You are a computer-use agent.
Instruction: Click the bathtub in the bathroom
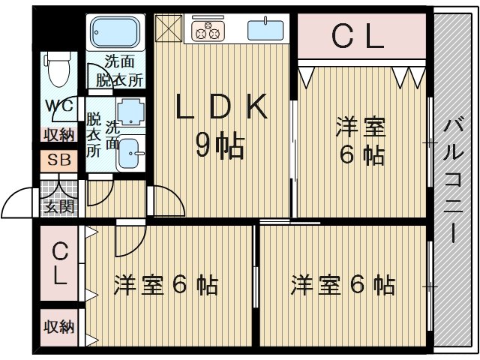pyautogui.click(x=115, y=32)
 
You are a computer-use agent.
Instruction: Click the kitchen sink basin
pyautogui.click(x=265, y=30)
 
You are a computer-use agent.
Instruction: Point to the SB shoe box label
pyautogui.click(x=59, y=160)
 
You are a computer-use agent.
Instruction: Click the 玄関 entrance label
pyautogui.click(x=59, y=207)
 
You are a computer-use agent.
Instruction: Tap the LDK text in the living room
pyautogui.click(x=222, y=106)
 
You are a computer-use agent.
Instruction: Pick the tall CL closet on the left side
pyautogui.click(x=59, y=263)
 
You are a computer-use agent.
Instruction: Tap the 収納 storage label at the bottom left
pyautogui.click(x=59, y=327)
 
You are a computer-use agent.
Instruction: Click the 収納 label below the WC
pyautogui.click(x=59, y=135)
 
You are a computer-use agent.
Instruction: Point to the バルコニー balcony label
pyautogui.click(x=453, y=180)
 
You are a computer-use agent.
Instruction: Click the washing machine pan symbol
pyautogui.click(x=131, y=112)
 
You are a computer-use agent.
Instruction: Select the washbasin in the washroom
pyautogui.click(x=131, y=154)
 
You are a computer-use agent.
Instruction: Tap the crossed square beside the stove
pyautogui.click(x=169, y=28)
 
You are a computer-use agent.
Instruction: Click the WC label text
pyautogui.click(x=60, y=105)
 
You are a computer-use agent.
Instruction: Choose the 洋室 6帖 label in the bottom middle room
pyautogui.click(x=166, y=285)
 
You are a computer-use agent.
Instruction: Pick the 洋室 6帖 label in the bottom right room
pyautogui.click(x=343, y=285)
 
